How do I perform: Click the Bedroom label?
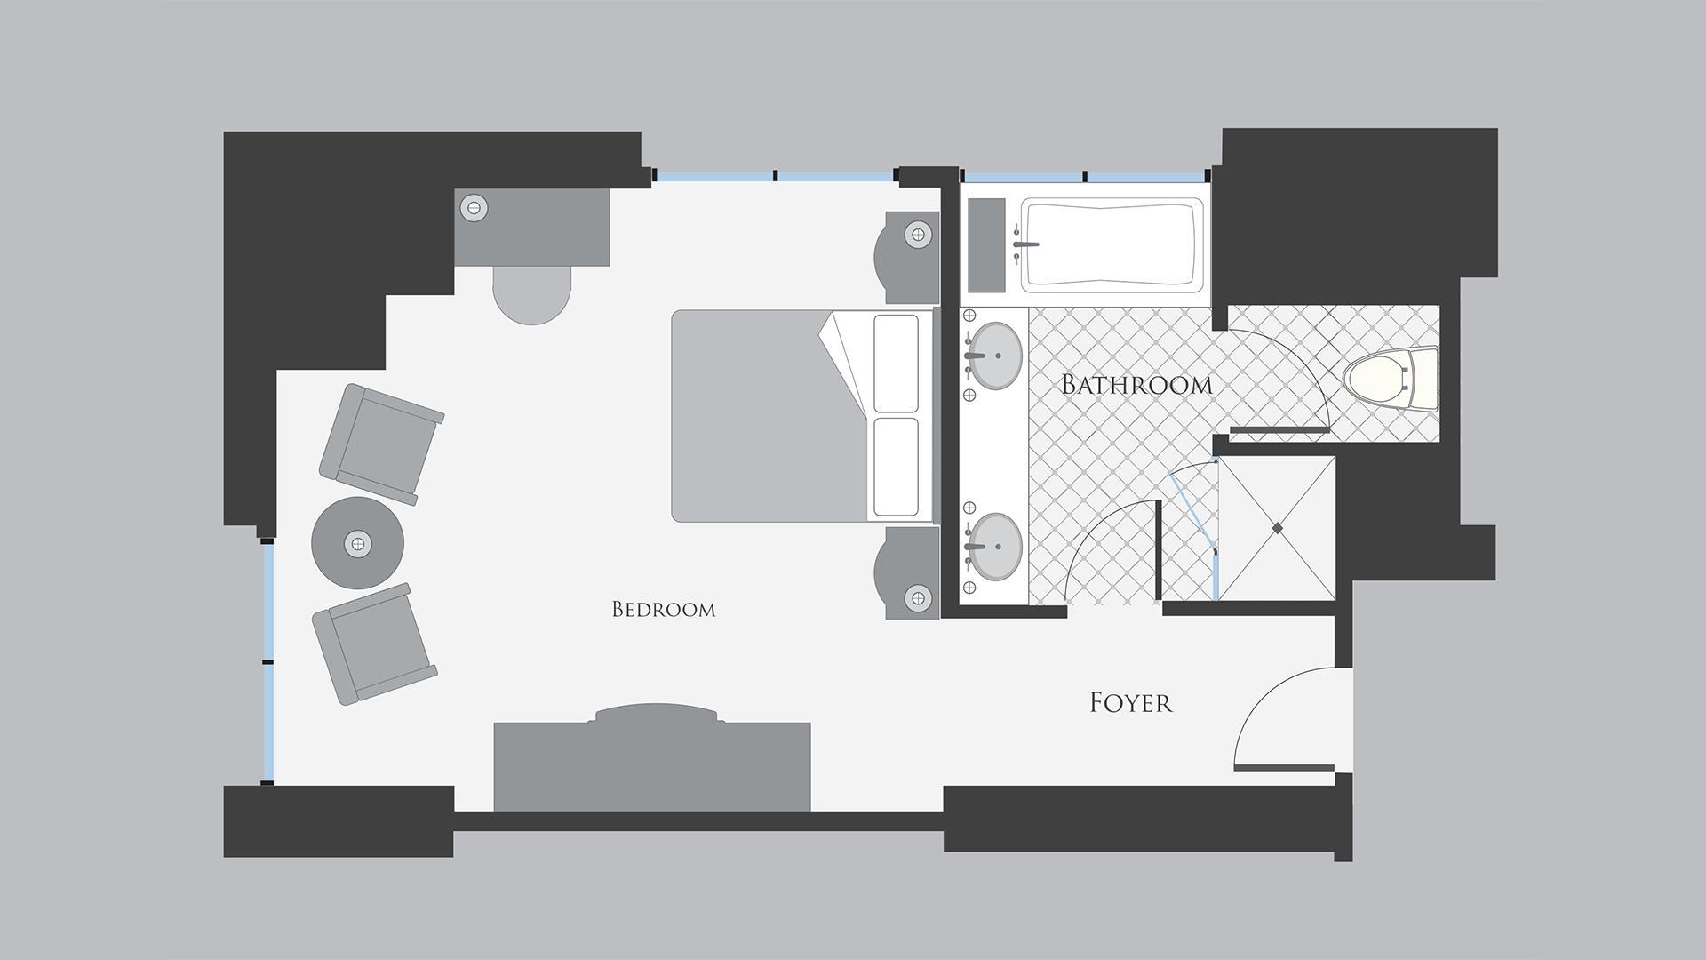(664, 609)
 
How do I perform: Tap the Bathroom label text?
(1137, 385)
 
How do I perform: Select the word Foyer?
(1131, 703)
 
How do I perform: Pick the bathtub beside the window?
(1112, 244)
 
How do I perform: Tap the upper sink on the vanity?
(995, 356)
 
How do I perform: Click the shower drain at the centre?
(1278, 528)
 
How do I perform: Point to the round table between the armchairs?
(357, 542)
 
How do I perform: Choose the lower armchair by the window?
(374, 644)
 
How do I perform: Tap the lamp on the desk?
(474, 208)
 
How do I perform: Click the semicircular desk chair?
(531, 295)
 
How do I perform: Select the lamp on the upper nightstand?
(918, 236)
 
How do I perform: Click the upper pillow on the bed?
(897, 364)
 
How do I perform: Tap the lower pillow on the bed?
(897, 468)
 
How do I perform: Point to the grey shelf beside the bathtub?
(986, 245)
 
